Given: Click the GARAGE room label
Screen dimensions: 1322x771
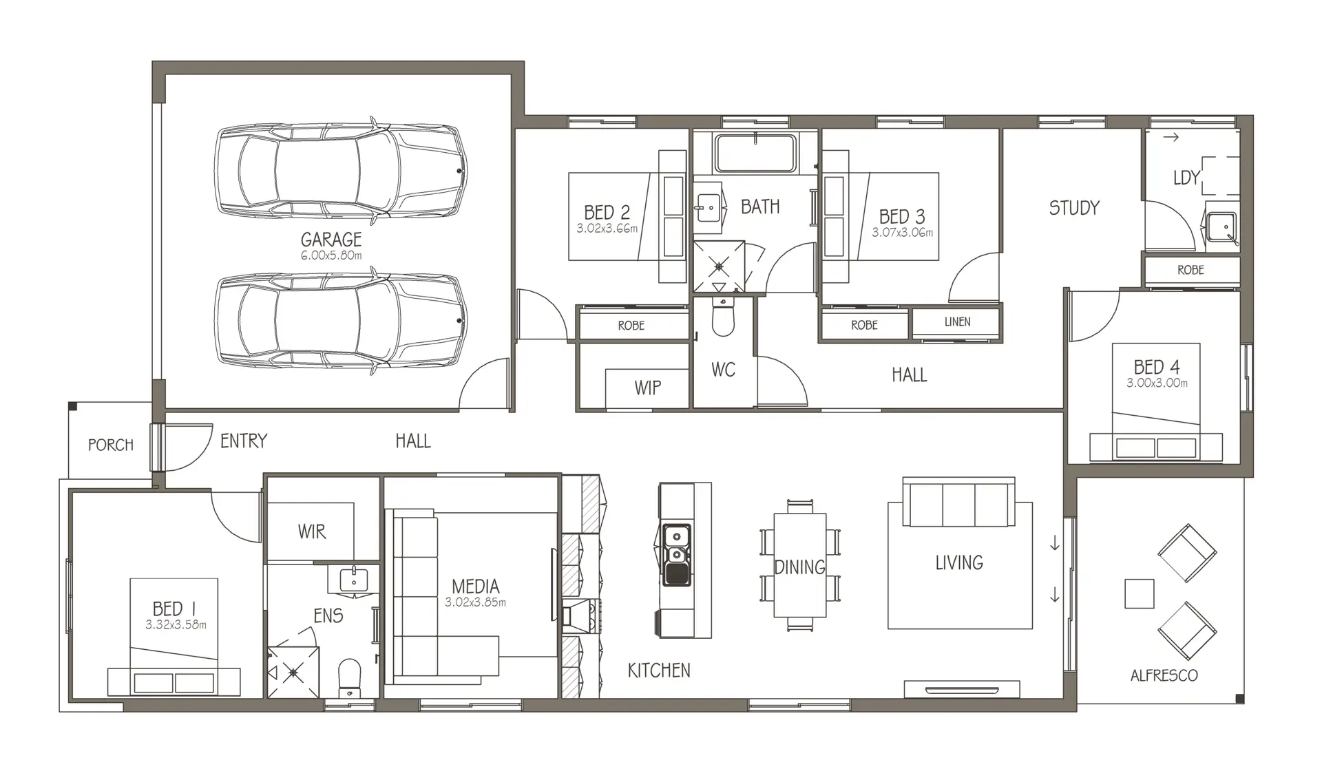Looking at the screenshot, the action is click(x=331, y=240).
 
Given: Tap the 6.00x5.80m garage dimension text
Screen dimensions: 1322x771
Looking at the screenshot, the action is click(x=331, y=255).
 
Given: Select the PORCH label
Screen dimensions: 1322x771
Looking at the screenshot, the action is click(x=111, y=445).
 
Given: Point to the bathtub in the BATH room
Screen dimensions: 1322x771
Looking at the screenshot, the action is click(x=755, y=153).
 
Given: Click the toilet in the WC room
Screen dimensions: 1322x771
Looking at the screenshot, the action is click(x=722, y=316).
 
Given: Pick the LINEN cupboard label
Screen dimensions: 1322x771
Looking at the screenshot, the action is click(x=958, y=321).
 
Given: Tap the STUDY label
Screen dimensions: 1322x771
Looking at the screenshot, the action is click(x=1074, y=208).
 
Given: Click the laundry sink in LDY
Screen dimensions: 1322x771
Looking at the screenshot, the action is click(x=1221, y=229).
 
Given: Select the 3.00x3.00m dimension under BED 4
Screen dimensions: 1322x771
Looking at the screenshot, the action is click(x=1157, y=383).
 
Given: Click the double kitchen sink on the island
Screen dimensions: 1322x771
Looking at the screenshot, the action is click(x=676, y=555).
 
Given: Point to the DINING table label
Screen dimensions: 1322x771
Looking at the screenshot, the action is click(x=800, y=567).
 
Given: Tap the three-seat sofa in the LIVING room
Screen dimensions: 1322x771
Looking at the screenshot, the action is click(x=958, y=502).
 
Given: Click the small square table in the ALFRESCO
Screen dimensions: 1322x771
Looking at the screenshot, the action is click(x=1139, y=593).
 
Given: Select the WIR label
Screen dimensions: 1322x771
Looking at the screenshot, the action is click(x=312, y=531).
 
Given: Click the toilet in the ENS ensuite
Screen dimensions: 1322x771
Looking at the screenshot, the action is click(x=350, y=678).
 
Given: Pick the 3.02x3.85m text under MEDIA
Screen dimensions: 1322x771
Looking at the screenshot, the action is click(x=475, y=602).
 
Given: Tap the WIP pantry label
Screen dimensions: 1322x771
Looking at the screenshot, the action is click(x=648, y=388).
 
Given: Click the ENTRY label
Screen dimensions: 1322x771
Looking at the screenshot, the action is click(x=244, y=441).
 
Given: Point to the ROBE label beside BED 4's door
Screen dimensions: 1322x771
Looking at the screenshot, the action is click(x=1190, y=270).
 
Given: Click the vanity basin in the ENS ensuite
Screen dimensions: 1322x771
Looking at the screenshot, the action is click(x=354, y=580).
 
